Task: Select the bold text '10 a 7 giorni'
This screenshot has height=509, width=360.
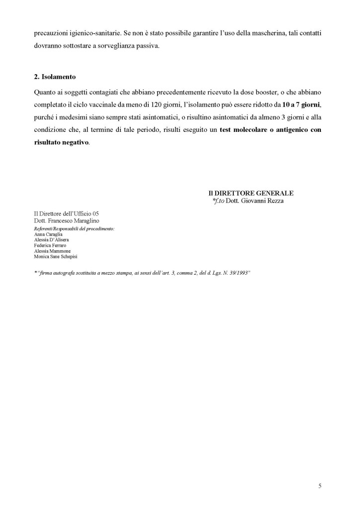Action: click(300, 106)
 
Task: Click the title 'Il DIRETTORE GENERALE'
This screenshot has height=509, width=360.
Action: click(251, 193)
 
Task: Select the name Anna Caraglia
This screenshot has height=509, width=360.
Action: click(48, 233)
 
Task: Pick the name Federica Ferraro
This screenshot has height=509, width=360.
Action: click(50, 245)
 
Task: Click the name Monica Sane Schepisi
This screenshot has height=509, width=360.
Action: click(55, 257)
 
